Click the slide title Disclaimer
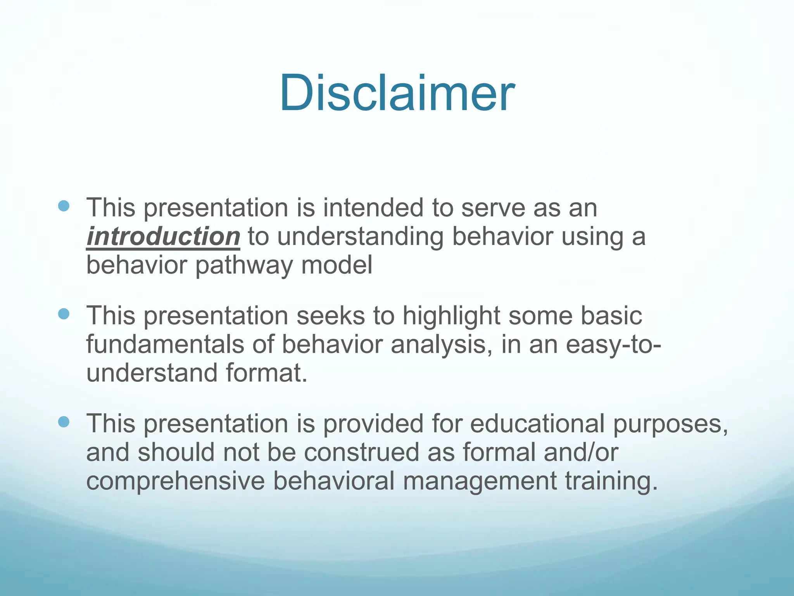397,93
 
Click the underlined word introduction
163,236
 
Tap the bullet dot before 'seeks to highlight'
64,314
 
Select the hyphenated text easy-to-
613,345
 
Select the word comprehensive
175,481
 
